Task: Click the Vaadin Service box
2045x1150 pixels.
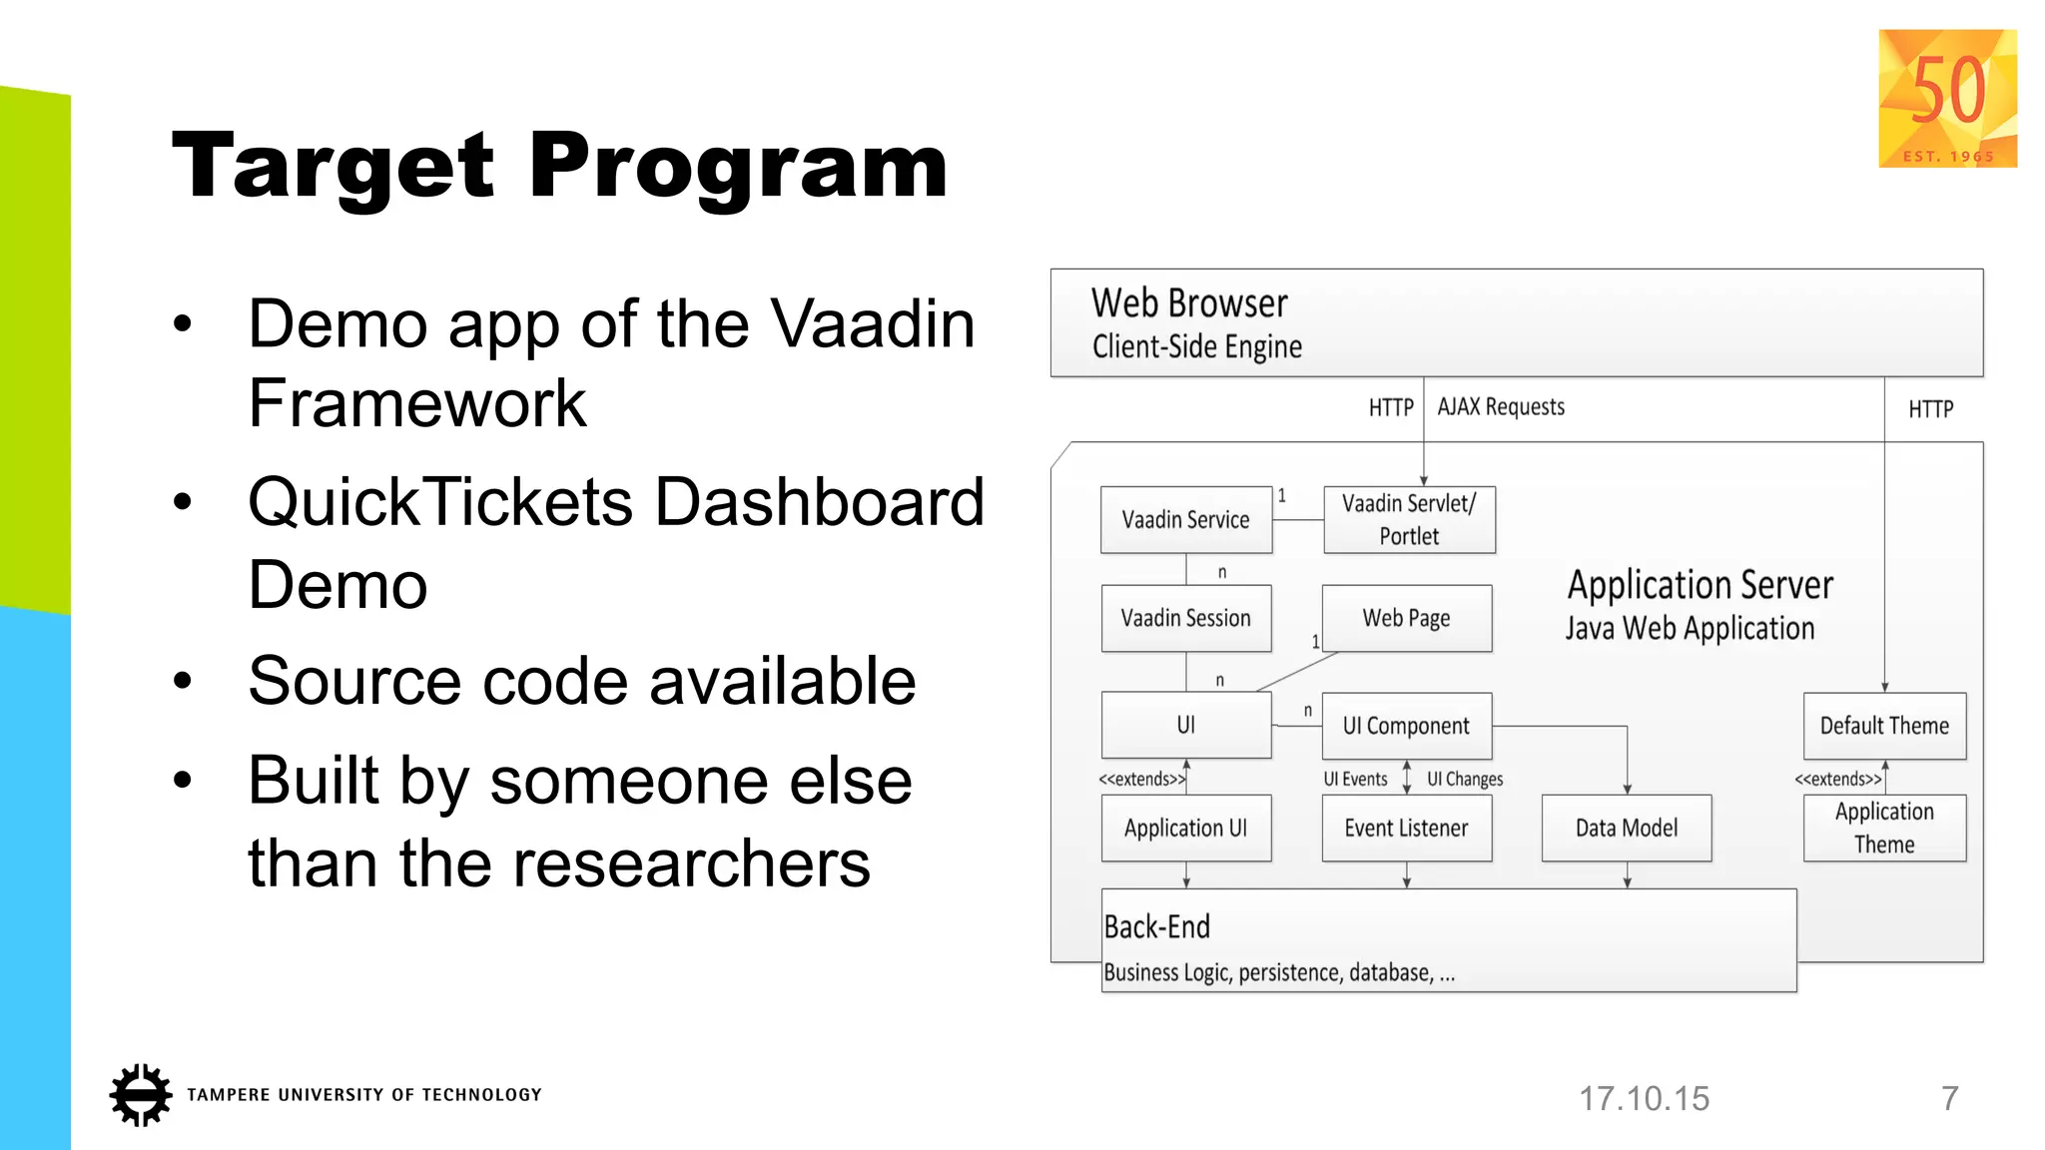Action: point(1185,519)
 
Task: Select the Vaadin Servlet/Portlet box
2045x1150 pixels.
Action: point(1409,519)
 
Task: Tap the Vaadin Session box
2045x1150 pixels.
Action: point(1185,618)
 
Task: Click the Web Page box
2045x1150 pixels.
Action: point(1406,618)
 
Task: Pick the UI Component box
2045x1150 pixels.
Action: point(1406,726)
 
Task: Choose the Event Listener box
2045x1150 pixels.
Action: point(1406,828)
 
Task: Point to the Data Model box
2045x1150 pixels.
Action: point(1626,828)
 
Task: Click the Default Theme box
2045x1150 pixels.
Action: point(1884,726)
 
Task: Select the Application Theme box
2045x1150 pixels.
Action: point(1884,828)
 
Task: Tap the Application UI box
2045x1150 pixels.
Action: point(1185,828)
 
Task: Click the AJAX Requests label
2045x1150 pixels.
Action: point(1501,407)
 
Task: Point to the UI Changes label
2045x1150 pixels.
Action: point(1464,780)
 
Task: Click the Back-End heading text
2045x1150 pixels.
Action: point(1156,927)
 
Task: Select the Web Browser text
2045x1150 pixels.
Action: point(1189,303)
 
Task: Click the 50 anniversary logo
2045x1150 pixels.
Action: point(1947,98)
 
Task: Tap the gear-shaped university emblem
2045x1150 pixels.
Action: point(140,1095)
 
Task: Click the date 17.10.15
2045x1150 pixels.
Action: point(1644,1099)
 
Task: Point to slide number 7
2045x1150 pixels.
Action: point(1949,1099)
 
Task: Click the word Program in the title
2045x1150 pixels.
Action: point(737,168)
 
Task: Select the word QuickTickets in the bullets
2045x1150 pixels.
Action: point(439,502)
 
